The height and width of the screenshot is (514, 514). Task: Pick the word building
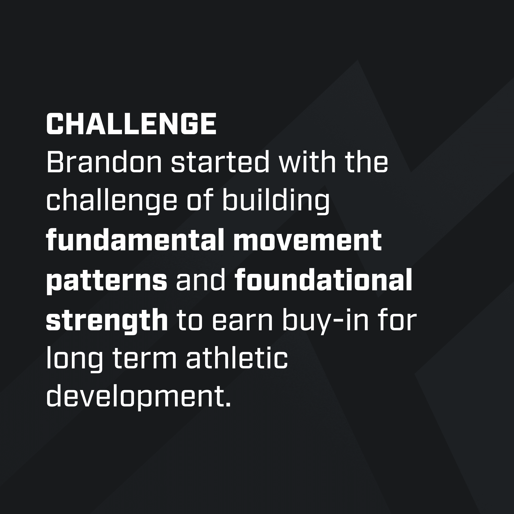pos(276,202)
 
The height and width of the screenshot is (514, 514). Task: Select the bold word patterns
pos(106,282)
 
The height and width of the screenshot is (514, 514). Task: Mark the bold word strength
pos(106,321)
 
